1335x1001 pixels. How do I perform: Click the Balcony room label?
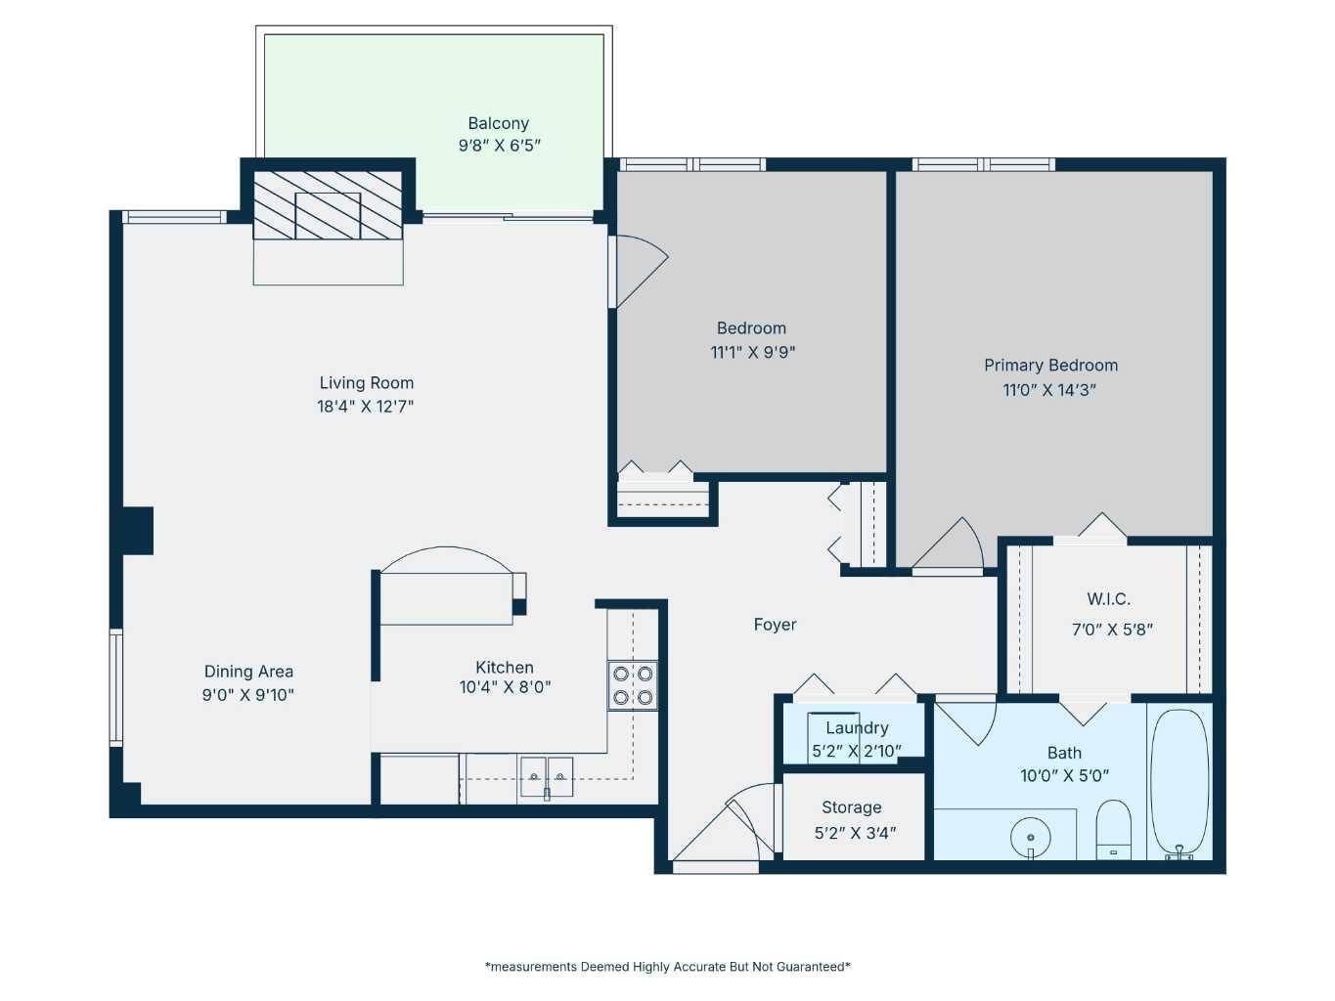click(x=498, y=124)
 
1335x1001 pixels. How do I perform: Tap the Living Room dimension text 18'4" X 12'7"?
click(x=365, y=407)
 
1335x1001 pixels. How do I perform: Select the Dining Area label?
click(x=248, y=672)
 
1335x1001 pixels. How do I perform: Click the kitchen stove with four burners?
click(x=633, y=685)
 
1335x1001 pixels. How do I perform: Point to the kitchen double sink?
click(x=546, y=777)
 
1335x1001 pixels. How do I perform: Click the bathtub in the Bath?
click(x=1179, y=783)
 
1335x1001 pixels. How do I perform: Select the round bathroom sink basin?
click(x=1030, y=838)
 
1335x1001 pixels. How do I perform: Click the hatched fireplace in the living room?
click(x=328, y=204)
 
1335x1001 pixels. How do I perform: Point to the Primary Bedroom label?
click(x=1050, y=366)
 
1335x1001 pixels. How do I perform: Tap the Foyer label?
click(x=775, y=625)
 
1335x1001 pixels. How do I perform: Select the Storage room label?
click(x=851, y=807)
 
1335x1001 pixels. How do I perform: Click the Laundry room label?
click(x=857, y=728)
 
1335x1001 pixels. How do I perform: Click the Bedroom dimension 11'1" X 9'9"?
click(x=752, y=353)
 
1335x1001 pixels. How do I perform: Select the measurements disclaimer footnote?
click(x=667, y=967)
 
